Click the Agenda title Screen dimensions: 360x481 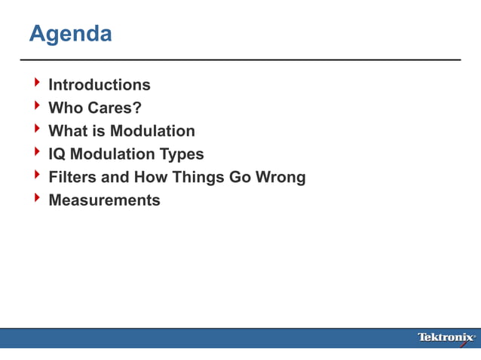click(x=70, y=34)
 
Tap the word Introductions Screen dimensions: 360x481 click(x=99, y=85)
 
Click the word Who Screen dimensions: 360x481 click(x=64, y=108)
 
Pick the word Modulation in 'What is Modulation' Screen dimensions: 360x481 click(x=152, y=131)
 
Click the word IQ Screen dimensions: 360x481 click(x=57, y=154)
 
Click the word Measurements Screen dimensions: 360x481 click(x=104, y=200)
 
